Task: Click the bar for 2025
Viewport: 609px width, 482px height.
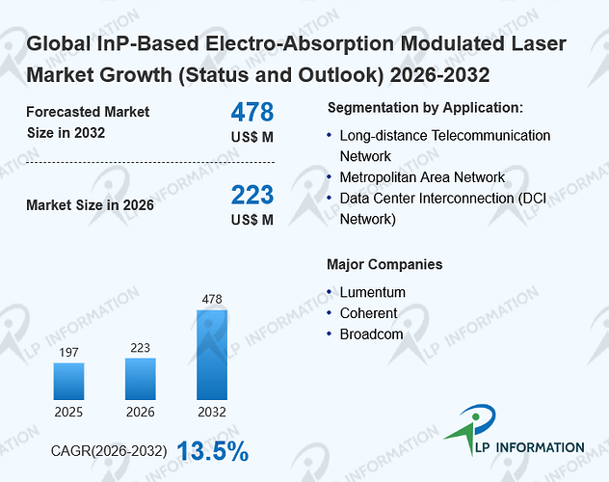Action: pos(68,381)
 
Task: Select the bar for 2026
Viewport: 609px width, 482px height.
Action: pos(141,379)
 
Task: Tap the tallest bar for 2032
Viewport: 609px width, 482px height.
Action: pos(212,355)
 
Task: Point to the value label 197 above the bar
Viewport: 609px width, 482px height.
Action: pos(68,352)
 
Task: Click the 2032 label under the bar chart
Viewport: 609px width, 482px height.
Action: pos(212,412)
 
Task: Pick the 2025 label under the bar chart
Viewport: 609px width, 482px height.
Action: pos(68,412)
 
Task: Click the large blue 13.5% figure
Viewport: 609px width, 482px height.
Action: pos(213,451)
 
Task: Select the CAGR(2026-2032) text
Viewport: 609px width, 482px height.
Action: pos(109,451)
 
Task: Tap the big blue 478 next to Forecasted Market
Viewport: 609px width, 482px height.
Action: pos(252,112)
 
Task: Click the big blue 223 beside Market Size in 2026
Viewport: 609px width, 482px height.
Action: pos(252,195)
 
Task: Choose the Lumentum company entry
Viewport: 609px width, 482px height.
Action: pos(373,292)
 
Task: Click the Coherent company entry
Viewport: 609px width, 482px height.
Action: pos(369,313)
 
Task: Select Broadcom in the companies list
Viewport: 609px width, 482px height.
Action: pos(371,334)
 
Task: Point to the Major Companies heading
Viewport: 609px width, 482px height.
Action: pos(384,264)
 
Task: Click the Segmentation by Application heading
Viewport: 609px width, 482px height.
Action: pos(425,108)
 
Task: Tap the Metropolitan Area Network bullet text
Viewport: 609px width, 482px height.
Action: pos(422,177)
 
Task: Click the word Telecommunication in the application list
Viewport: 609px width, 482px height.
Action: pos(490,136)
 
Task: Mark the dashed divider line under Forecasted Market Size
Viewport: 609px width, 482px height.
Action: pos(150,162)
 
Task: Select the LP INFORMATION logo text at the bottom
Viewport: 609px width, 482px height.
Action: pos(530,447)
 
